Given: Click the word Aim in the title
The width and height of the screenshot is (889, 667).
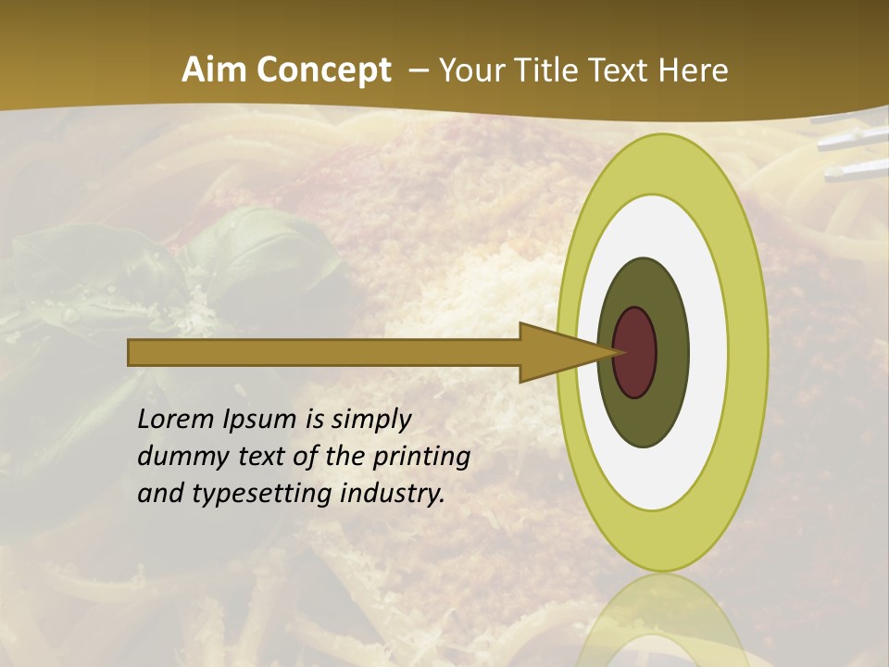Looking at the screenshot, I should coord(214,70).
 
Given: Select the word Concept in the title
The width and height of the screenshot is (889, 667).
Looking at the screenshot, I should coord(322,71).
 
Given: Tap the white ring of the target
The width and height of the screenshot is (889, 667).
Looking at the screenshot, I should coord(707,352).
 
